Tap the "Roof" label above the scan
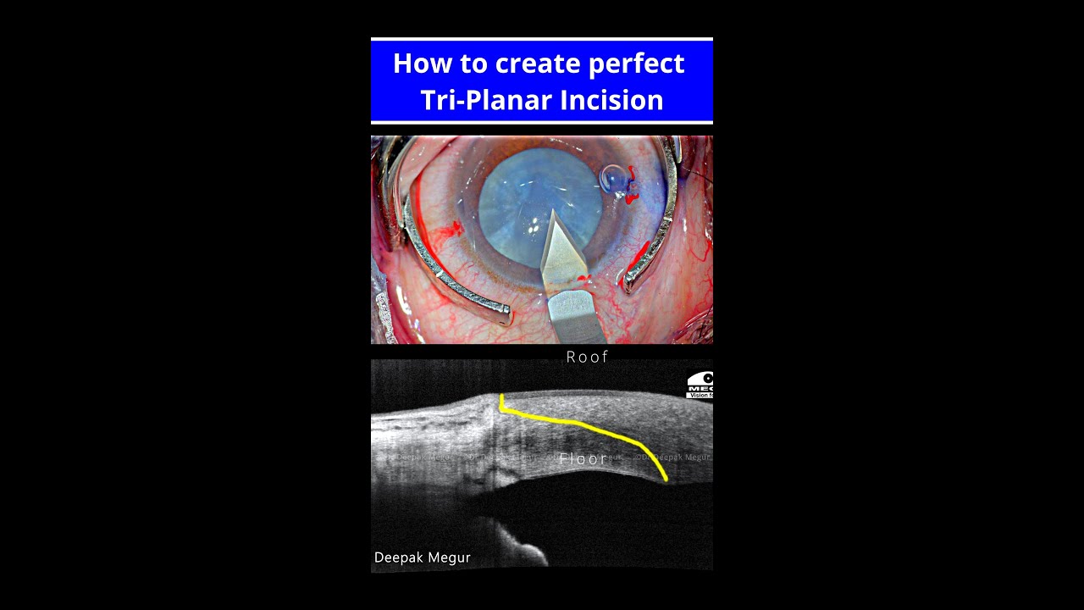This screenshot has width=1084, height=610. [587, 358]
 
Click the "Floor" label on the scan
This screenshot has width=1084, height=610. [583, 458]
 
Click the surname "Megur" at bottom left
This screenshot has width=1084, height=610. [452, 557]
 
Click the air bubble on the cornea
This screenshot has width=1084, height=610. [613, 178]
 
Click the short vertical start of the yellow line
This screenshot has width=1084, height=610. [501, 402]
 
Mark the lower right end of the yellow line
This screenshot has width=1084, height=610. [666, 480]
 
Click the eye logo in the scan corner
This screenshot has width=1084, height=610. [700, 384]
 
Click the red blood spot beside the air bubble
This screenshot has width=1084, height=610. [632, 196]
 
